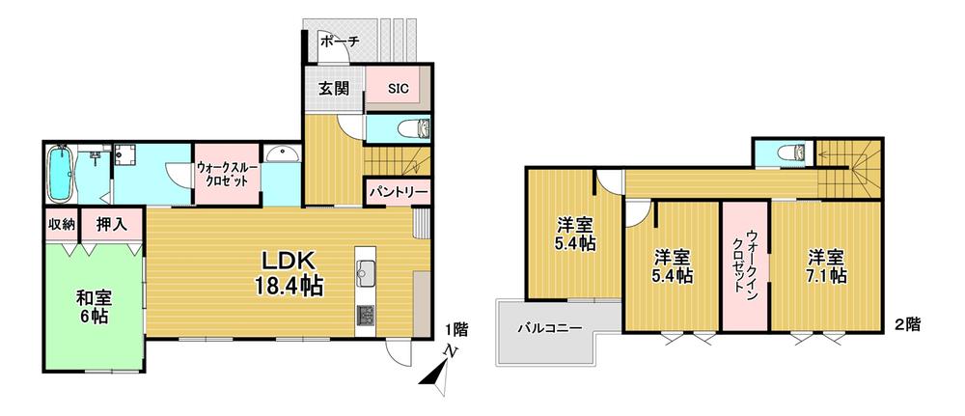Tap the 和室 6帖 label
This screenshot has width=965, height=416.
[93, 307]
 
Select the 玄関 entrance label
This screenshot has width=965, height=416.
[334, 88]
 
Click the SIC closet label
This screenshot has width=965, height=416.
[398, 88]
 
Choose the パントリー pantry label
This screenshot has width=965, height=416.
[399, 193]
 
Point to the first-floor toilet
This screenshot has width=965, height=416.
[414, 129]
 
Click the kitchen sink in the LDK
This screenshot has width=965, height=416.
[365, 270]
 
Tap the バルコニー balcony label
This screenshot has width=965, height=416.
[549, 328]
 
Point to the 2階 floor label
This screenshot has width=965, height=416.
[907, 324]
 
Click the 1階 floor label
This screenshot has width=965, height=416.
[456, 330]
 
